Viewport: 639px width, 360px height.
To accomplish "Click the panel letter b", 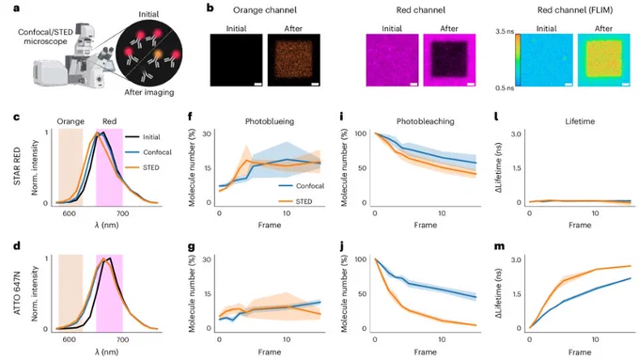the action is [210, 8].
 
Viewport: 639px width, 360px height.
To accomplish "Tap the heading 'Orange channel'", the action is [265, 10].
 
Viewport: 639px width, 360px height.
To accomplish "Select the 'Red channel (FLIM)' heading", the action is [574, 10].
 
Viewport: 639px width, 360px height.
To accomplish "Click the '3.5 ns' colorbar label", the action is [505, 31].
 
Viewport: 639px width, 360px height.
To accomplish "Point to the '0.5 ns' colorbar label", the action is [505, 88].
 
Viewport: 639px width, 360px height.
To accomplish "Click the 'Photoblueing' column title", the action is [270, 121].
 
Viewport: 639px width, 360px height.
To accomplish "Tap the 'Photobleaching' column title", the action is [425, 121].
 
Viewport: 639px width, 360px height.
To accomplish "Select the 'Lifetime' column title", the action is [580, 121].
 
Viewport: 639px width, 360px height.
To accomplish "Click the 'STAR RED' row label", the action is [17, 167].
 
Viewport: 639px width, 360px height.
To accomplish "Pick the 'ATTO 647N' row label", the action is [17, 293].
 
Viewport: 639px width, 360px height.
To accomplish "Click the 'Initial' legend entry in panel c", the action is [151, 137].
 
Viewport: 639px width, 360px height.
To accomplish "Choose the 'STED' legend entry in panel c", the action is [150, 167].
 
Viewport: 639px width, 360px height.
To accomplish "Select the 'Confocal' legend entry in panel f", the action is [310, 186].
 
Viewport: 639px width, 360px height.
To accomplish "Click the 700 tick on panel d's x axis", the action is [122, 339].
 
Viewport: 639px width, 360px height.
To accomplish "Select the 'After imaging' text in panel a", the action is [149, 92].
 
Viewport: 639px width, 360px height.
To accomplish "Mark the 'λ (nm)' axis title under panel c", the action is [107, 225].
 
